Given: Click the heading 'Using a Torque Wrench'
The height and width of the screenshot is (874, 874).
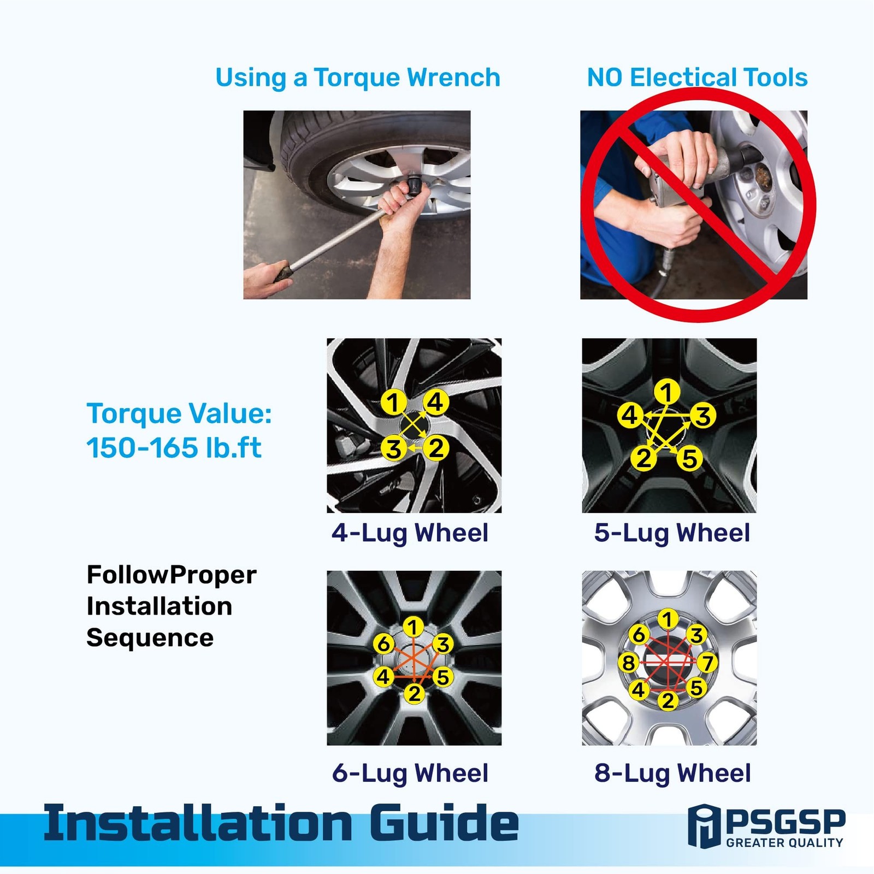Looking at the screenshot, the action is (x=358, y=78).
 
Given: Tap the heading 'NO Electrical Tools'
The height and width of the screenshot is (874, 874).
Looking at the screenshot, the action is (x=697, y=78).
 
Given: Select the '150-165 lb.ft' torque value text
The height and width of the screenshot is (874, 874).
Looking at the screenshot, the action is (x=174, y=448).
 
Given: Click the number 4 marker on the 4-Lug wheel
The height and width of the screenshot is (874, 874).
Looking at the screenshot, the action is (x=435, y=403).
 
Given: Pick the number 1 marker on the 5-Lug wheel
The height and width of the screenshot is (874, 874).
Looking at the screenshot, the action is (x=666, y=392).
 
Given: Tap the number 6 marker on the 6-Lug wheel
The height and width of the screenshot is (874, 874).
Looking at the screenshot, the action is (x=384, y=644).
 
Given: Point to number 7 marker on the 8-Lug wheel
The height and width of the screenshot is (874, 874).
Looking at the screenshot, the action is (x=707, y=663).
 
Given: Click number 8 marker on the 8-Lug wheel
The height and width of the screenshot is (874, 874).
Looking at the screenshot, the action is (x=628, y=663).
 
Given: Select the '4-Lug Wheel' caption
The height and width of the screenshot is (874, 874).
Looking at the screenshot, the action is (x=410, y=533).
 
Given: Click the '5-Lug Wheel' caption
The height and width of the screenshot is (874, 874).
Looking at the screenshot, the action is (x=672, y=533).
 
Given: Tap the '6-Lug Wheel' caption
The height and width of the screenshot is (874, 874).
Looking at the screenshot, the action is (x=410, y=773).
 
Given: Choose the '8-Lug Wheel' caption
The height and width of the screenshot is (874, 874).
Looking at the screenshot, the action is (x=672, y=773).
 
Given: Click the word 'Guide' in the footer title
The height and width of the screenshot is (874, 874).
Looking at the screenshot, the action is (x=444, y=823).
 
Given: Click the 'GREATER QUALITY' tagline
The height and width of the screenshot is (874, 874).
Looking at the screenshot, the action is (x=785, y=843).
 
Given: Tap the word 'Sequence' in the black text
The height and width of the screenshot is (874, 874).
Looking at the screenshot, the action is (x=150, y=638).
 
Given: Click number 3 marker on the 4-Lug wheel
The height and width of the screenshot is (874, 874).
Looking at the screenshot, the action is (x=394, y=449).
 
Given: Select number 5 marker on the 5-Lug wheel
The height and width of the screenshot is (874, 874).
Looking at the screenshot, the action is (x=689, y=458).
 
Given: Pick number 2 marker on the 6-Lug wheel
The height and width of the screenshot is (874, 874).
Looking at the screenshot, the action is (x=415, y=694).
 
